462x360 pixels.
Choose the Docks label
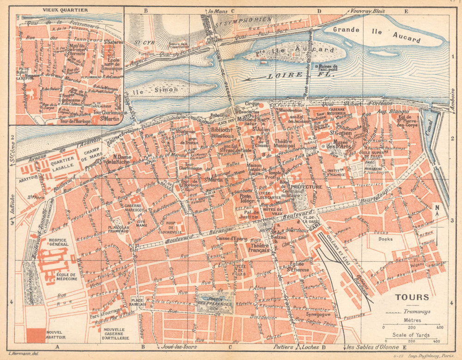click(x=385, y=239)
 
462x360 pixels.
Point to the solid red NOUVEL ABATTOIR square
click(x=36, y=335)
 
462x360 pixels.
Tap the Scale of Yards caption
click(x=410, y=335)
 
